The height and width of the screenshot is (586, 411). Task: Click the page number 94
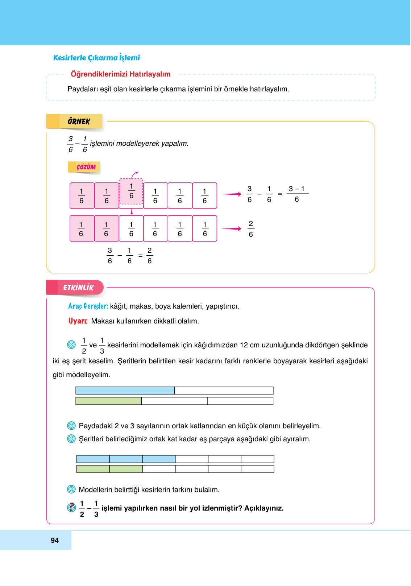pos(55,540)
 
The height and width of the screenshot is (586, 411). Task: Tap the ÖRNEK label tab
pos(79,121)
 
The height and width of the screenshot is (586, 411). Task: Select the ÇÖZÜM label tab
pos(86,167)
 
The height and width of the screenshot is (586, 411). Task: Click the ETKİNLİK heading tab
pos(78,288)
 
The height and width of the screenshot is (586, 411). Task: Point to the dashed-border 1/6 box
pos(131,191)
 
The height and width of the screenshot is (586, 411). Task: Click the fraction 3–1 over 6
pos(297,194)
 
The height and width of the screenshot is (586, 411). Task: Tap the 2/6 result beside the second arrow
pos(251,229)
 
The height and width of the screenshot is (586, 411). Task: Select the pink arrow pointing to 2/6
pos(232,229)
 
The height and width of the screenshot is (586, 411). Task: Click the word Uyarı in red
pos(78,321)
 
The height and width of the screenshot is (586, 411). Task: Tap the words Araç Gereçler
pos(88,306)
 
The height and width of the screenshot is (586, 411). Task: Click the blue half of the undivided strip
pos(125,391)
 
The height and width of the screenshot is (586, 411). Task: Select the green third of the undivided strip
pos(109,401)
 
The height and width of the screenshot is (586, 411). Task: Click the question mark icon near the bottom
pos(72,507)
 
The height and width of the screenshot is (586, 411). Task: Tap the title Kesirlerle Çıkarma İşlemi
pos(96,58)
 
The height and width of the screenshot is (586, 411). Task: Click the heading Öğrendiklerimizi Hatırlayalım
pos(120,74)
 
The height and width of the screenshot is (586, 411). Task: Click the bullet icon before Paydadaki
pos(71,426)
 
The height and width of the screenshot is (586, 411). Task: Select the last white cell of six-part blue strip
pos(257,459)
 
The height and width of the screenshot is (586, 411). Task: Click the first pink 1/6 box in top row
pos(82,196)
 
